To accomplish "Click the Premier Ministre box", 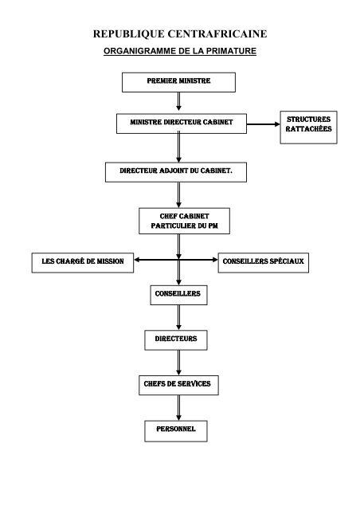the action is coord(178,82).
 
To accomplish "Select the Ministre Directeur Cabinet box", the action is coord(182,124).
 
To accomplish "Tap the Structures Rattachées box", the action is coord(308,127).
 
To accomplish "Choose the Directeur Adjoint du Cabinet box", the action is coord(176,172).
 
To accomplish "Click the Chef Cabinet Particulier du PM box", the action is coord(185,221).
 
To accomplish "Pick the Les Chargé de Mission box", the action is coord(83,263).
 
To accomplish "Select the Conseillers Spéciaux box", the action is coord(264,263).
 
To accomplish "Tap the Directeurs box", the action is coord(176,340).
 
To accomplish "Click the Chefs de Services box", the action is coord(178,386).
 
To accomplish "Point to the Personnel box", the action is coord(176,431).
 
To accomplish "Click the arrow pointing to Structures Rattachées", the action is coord(264,124).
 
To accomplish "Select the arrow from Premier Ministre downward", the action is coord(178,101).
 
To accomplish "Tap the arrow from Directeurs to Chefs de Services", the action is coord(178,363).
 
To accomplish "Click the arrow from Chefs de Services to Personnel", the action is coord(178,408).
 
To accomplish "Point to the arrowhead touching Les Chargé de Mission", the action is coord(136,260).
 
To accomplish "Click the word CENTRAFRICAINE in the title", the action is coord(217,33).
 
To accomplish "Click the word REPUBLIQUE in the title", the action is coord(129,33).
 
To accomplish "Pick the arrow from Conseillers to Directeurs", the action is coord(178,317).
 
